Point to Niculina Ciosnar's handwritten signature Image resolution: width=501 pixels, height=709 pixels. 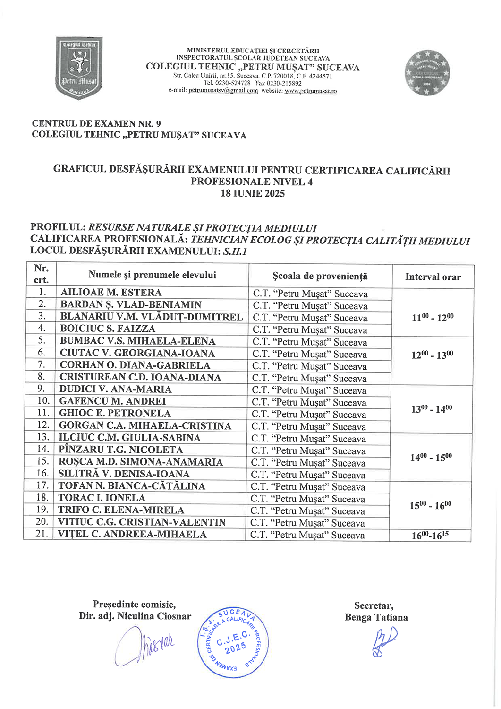[144, 645]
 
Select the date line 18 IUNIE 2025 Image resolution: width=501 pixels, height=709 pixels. [253, 193]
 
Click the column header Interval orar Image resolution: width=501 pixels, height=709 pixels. [433, 277]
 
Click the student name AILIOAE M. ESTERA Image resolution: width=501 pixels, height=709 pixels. [111, 293]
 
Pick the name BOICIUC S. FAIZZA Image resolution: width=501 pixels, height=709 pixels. [108, 329]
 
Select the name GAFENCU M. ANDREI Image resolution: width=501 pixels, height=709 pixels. [112, 401]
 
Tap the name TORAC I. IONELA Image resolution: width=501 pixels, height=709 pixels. [102, 498]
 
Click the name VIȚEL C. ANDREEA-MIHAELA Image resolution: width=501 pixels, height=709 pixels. [132, 535]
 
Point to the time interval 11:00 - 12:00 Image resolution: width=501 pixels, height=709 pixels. [432, 317]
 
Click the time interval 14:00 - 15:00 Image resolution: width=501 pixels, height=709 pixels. [431, 457]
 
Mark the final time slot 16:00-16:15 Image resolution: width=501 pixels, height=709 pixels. [430, 535]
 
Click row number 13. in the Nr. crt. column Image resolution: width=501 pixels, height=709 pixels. [43, 438]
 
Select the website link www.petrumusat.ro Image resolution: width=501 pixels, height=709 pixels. [311, 91]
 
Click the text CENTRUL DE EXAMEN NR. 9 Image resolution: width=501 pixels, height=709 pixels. [96, 123]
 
